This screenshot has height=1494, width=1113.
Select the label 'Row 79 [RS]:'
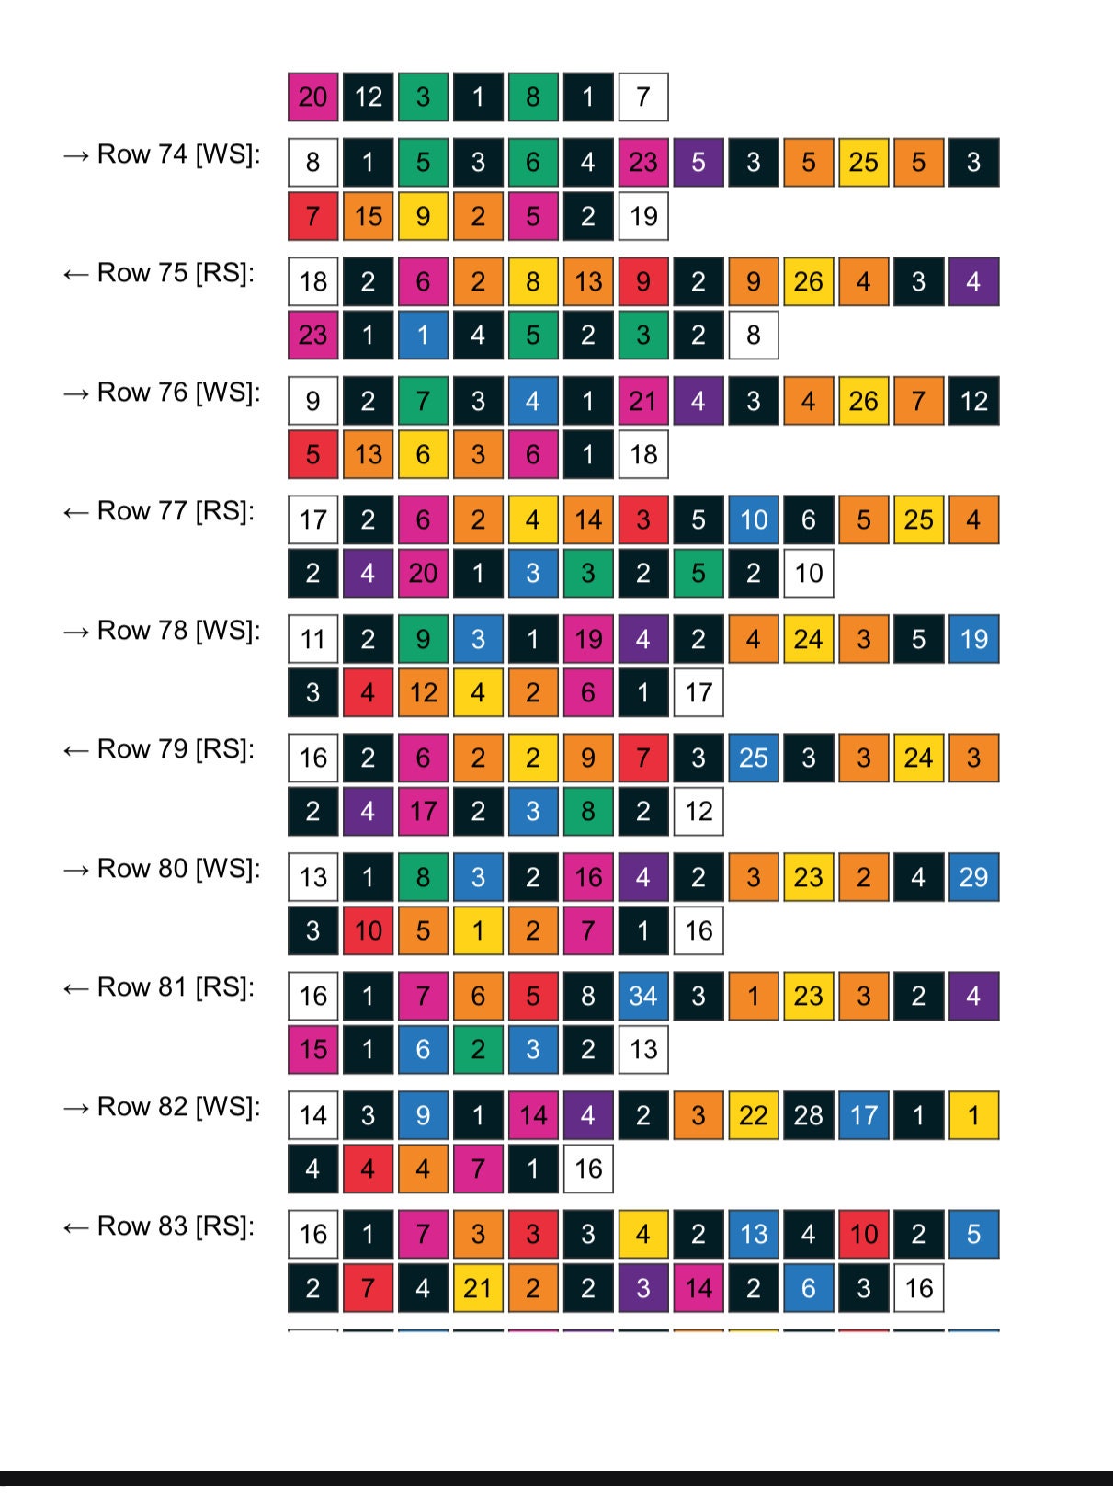point(176,749)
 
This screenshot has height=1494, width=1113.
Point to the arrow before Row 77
point(75,512)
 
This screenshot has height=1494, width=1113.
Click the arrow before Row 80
point(75,870)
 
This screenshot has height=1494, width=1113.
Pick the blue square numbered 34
point(643,997)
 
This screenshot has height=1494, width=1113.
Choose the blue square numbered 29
point(973,877)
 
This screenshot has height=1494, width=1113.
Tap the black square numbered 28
point(809,1115)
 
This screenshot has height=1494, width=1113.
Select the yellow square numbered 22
point(754,1115)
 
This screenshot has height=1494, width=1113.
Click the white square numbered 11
point(313,639)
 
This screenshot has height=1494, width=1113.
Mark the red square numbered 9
point(643,281)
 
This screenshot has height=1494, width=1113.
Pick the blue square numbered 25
point(754,758)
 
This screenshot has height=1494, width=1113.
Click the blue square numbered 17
point(864,1115)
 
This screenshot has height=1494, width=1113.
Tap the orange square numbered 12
point(423,692)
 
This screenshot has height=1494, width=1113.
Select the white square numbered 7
point(643,97)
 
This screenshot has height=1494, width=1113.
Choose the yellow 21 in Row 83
point(478,1288)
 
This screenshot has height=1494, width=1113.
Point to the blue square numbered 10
point(754,520)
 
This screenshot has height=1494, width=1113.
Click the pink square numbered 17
point(423,811)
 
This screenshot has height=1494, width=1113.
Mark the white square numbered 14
point(313,1115)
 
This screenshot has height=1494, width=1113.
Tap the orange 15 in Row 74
point(369,216)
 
